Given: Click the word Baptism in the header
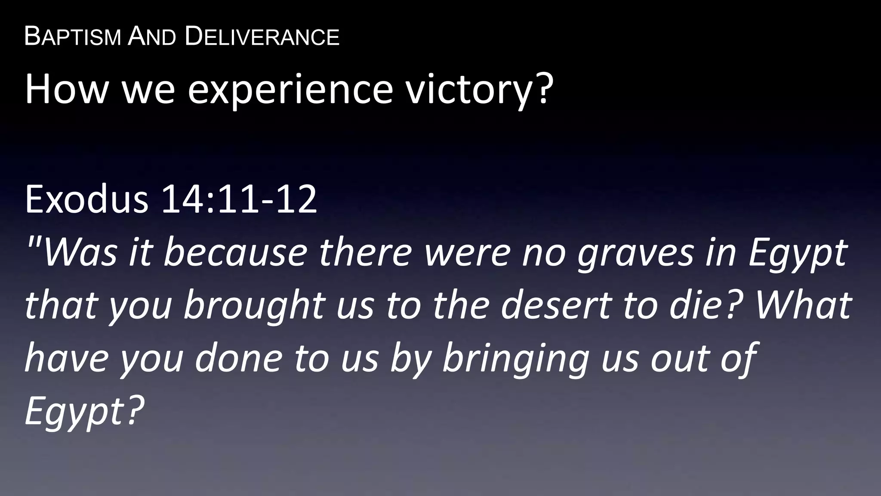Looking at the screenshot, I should click(72, 37).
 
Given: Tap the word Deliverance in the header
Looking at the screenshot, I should click(262, 37).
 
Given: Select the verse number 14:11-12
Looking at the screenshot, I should click(239, 199).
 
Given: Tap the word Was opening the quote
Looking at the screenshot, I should click(80, 253).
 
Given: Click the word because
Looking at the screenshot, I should click(235, 253).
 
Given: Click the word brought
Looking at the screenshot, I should click(253, 306).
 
